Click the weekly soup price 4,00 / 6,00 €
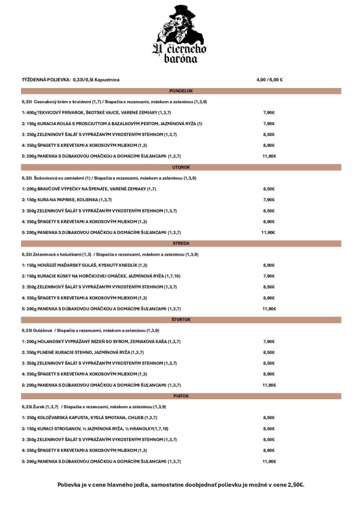tap(269, 80)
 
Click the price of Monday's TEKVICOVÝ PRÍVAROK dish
tap(269, 113)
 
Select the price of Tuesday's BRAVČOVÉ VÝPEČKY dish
tap(269, 189)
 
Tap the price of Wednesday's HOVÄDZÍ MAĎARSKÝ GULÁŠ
tap(269, 265)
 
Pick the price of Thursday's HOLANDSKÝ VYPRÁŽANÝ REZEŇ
tap(269, 341)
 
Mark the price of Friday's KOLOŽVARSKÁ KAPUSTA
tap(269, 418)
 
